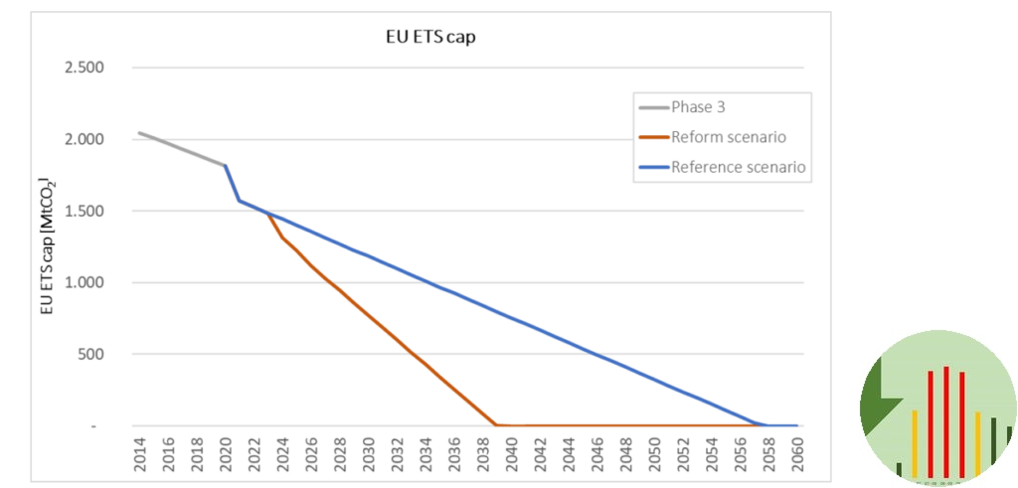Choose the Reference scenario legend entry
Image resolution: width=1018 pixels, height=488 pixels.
tap(738, 167)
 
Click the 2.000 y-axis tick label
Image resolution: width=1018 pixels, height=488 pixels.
tap(84, 139)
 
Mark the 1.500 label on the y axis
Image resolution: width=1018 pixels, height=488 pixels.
tap(84, 211)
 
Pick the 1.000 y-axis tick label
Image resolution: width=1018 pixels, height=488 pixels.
tap(84, 282)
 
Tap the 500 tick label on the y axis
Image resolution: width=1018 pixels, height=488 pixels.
tap(90, 354)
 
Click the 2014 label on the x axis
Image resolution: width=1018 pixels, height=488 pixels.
tap(140, 452)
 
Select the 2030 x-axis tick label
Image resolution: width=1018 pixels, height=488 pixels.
tap(369, 452)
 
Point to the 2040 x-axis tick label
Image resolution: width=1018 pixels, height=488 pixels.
tap(512, 452)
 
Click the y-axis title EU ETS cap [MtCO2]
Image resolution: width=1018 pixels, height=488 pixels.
tap(47, 246)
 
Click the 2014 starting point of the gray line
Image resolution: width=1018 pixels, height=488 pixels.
tap(140, 133)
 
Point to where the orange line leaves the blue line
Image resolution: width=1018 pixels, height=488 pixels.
tap(267, 213)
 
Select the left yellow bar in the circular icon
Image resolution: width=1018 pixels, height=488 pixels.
tap(914, 442)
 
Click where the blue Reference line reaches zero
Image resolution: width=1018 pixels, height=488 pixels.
tap(766, 425)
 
